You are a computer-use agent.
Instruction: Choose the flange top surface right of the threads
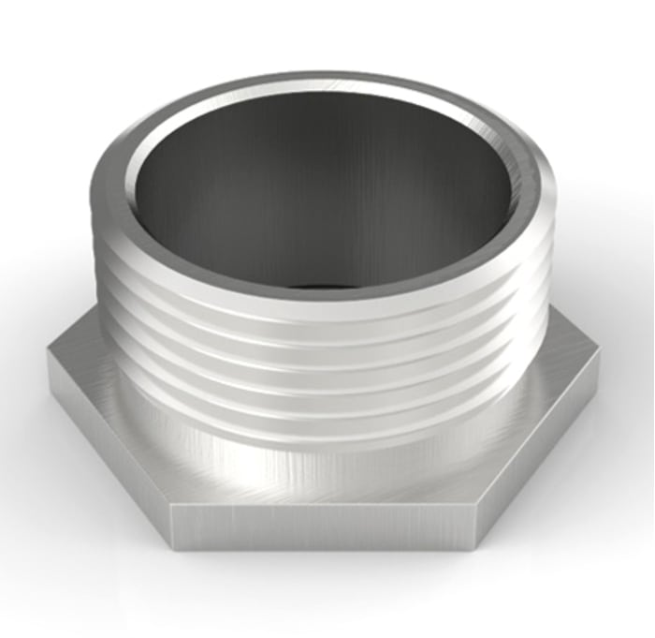click(x=561, y=365)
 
